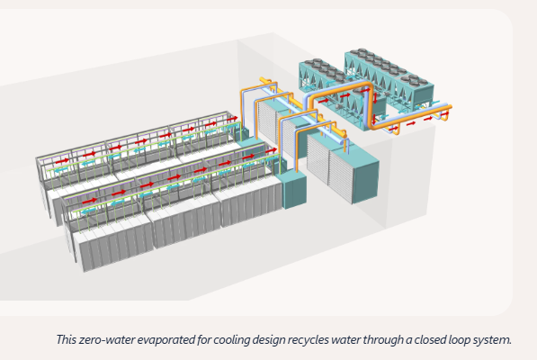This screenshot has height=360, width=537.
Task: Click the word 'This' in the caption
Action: (67, 340)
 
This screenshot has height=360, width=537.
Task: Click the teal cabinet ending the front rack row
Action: (294, 189)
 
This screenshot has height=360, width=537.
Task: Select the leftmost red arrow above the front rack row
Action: (90, 201)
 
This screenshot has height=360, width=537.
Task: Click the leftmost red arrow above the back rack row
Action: (62, 160)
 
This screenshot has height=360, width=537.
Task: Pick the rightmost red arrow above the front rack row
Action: (272, 150)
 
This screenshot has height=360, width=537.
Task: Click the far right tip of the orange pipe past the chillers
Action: (451, 107)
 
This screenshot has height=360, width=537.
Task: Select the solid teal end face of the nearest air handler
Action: (366, 182)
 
